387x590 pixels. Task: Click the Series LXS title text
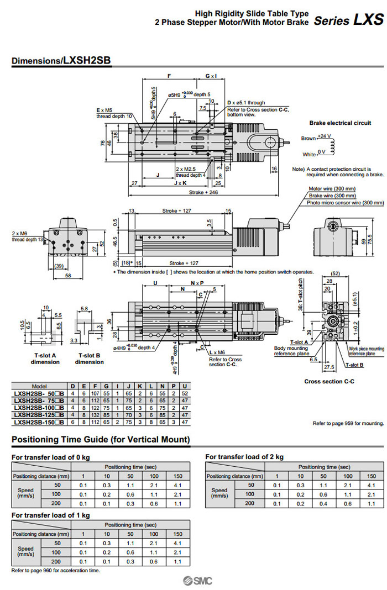coord(348,20)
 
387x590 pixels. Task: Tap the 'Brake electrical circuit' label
coord(340,123)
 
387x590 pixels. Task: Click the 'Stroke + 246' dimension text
coord(204,193)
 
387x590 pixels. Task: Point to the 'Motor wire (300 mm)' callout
coord(332,188)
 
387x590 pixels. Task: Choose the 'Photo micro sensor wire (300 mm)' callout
coord(330,203)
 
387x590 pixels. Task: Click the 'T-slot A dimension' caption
coord(45,359)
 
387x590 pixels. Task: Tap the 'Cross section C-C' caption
coord(329,382)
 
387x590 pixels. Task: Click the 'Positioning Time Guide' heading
coord(101,440)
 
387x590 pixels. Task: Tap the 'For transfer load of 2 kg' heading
coord(244,457)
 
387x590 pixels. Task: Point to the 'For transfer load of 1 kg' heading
coord(50,515)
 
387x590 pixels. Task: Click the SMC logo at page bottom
coord(197,580)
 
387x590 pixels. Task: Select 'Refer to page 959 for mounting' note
coord(348,423)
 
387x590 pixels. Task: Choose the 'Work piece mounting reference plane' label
coord(367,351)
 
